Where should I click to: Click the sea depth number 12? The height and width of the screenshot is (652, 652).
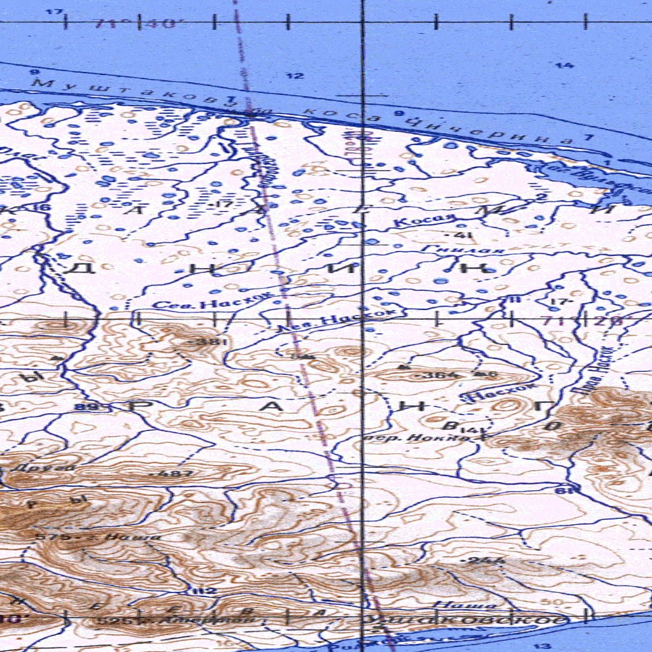coord(294,76)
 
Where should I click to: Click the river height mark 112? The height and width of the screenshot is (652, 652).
coord(204,591)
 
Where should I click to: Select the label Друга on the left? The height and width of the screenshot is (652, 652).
coord(59,467)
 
